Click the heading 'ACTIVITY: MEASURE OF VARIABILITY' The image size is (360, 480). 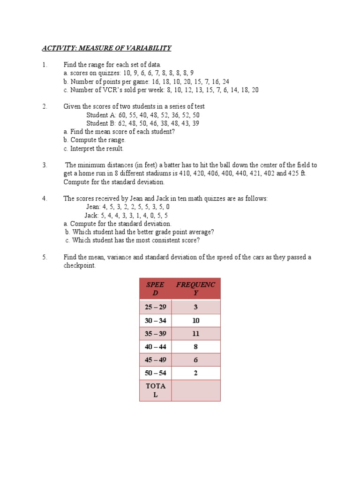coord(107,48)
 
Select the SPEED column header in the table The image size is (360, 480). coord(156,289)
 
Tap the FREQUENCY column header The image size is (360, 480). coord(195,289)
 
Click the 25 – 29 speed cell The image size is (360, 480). coord(156,307)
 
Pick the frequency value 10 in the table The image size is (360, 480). coord(195,321)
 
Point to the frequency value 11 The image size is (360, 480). coord(195,334)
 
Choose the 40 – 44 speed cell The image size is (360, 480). coord(156,347)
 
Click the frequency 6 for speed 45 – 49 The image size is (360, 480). coord(195,360)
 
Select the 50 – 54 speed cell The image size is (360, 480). coord(156,373)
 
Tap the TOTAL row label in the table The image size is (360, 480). coord(156,390)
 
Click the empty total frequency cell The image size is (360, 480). coord(195,390)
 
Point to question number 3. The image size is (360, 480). coord(45,165)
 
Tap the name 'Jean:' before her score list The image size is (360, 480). coord(94,207)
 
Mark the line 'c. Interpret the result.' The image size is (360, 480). coord(94,149)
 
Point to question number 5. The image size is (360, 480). coord(45,257)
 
